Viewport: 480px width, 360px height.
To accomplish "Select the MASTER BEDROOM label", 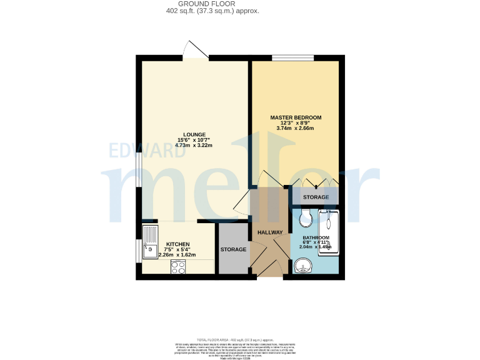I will [x=296, y=117].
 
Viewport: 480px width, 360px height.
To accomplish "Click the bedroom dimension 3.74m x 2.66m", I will [x=296, y=129].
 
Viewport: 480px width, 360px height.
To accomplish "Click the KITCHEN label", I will [x=177, y=244].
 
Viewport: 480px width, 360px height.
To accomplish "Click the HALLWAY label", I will [x=270, y=232].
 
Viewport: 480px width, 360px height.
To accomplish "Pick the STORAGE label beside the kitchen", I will [x=233, y=250].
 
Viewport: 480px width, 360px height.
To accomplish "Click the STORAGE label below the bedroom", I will [x=316, y=197].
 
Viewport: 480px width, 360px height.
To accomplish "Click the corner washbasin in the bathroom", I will [x=303, y=267].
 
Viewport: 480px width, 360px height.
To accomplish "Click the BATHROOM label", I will [x=316, y=238].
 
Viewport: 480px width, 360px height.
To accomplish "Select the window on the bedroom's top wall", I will [x=292, y=58].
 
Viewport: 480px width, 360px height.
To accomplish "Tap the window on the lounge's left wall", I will [x=139, y=169].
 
